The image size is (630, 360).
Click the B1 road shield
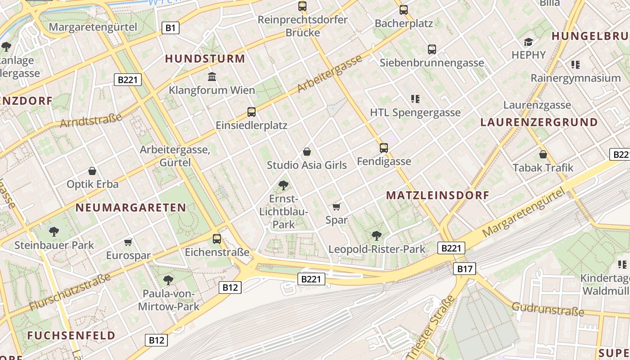pyautogui.click(x=170, y=28)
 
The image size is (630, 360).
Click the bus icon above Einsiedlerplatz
pyautogui.click(x=252, y=112)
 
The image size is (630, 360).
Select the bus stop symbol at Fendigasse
pyautogui.click(x=384, y=148)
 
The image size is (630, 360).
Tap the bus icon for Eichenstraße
pyautogui.click(x=217, y=238)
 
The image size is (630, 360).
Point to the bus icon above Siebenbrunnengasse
pyautogui.click(x=432, y=49)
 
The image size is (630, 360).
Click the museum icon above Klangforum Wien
pyautogui.click(x=212, y=76)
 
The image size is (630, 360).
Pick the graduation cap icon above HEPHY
pyautogui.click(x=528, y=42)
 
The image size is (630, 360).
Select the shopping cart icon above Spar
pyautogui.click(x=336, y=207)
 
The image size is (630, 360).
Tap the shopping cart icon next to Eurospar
pyautogui.click(x=128, y=243)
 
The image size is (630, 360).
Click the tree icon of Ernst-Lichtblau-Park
pyautogui.click(x=283, y=185)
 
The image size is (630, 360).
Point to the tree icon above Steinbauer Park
pyautogui.click(x=54, y=232)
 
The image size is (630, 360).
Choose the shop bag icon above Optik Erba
pyautogui.click(x=92, y=171)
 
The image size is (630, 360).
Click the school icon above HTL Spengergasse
pyautogui.click(x=415, y=99)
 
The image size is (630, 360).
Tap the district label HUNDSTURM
pyautogui.click(x=205, y=58)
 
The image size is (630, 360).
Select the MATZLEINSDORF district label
pyautogui.click(x=437, y=195)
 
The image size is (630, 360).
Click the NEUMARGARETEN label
pyautogui.click(x=130, y=207)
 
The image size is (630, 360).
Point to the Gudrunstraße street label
pyautogui.click(x=548, y=310)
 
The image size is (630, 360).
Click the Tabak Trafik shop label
pyautogui.click(x=543, y=168)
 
